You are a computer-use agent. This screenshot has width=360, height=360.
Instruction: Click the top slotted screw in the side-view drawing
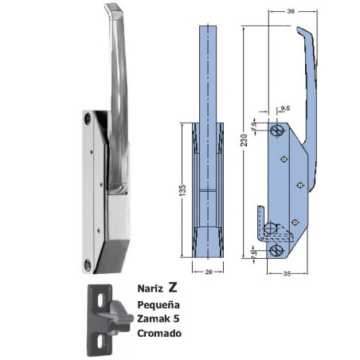pos(277,129)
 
